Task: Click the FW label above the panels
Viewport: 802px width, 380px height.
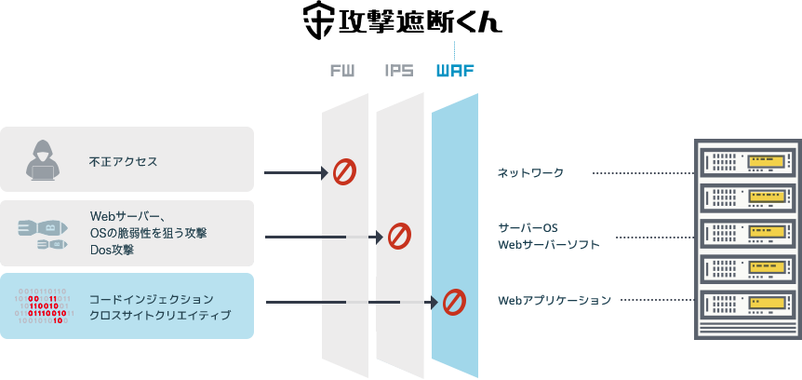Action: point(342,71)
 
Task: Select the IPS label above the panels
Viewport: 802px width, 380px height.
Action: point(398,71)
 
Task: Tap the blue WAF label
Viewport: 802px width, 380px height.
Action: point(455,71)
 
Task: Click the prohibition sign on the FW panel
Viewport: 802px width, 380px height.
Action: point(344,171)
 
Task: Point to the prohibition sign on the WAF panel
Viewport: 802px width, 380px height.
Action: point(453,301)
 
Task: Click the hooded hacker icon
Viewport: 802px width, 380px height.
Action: point(42,160)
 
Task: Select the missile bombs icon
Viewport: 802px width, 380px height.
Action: point(43,233)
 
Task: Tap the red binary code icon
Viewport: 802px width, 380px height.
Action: point(42,305)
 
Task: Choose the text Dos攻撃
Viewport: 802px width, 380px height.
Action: point(112,250)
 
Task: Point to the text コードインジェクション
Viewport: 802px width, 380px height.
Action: point(151,299)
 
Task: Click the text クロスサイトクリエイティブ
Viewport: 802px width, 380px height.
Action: point(159,316)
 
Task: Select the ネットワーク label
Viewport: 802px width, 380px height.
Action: point(530,173)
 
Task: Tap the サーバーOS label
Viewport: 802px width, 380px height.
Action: point(527,227)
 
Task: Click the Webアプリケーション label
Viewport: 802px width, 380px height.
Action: point(555,301)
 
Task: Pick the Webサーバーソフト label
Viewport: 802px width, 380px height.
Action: point(549,245)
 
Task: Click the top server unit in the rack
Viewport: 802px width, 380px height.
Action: point(747,163)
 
